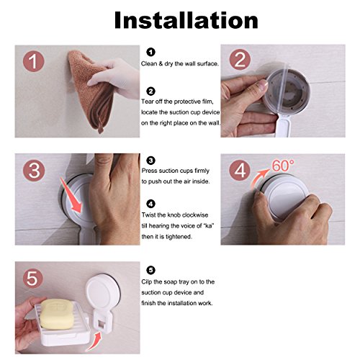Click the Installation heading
(186, 20)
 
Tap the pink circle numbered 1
(34, 61)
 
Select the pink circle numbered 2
(240, 60)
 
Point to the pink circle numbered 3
(34, 171)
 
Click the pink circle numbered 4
(240, 171)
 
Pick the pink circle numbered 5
(32, 279)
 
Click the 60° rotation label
(283, 166)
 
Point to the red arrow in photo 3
(71, 196)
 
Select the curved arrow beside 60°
(261, 178)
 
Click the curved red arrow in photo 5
(95, 341)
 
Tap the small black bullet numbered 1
(150, 52)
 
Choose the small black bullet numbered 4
(150, 204)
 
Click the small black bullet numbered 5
(150, 270)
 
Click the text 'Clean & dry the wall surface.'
(180, 64)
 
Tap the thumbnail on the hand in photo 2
(262, 86)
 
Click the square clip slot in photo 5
(102, 323)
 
